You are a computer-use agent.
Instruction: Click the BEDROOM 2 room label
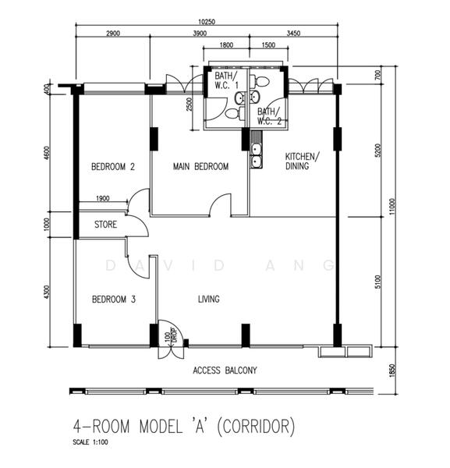pyautogui.click(x=113, y=167)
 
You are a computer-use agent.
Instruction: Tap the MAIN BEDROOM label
pyautogui.click(x=201, y=166)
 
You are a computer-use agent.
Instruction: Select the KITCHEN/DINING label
pyautogui.click(x=303, y=161)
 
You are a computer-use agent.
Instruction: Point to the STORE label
pyautogui.click(x=105, y=225)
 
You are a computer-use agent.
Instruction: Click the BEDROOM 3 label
pyautogui.click(x=114, y=299)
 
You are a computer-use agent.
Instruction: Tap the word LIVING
pyautogui.click(x=209, y=299)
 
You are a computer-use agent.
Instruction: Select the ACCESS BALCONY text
pyautogui.click(x=225, y=370)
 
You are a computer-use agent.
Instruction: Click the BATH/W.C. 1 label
pyautogui.click(x=227, y=80)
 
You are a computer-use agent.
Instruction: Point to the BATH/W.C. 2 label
pyautogui.click(x=270, y=116)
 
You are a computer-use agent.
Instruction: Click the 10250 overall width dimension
pyautogui.click(x=207, y=22)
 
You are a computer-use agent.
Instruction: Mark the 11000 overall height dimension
pyautogui.click(x=392, y=206)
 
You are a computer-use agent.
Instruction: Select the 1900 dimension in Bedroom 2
pyautogui.click(x=103, y=198)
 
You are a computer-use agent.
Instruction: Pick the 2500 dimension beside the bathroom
pyautogui.click(x=190, y=105)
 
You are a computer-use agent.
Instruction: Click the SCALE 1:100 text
pyautogui.click(x=90, y=442)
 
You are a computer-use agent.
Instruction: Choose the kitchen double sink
pyautogui.click(x=256, y=155)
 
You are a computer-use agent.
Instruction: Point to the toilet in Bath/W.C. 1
pyautogui.click(x=235, y=113)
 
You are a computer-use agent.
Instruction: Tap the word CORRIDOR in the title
pyautogui.click(x=255, y=427)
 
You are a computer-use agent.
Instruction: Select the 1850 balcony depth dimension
pyautogui.click(x=392, y=370)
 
